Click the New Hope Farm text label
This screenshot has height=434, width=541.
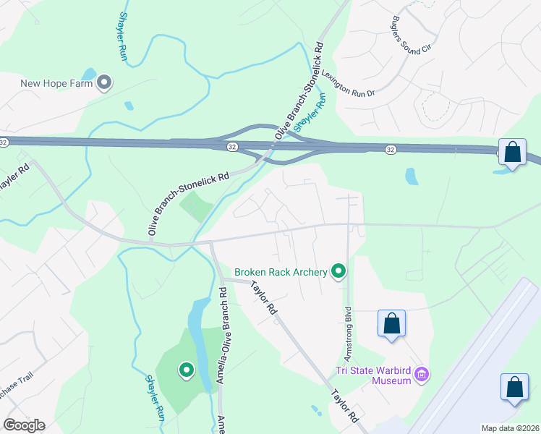pyautogui.click(x=56, y=82)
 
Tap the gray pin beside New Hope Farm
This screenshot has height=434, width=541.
pyautogui.click(x=103, y=82)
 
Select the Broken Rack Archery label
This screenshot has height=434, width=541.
pyautogui.click(x=281, y=273)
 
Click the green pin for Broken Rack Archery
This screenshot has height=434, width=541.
pyautogui.click(x=338, y=272)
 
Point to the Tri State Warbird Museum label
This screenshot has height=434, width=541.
pyautogui.click(x=373, y=377)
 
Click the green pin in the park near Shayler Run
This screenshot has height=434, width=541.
pyautogui.click(x=186, y=371)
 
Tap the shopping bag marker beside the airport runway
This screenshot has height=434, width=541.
pyautogui.click(x=515, y=386)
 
